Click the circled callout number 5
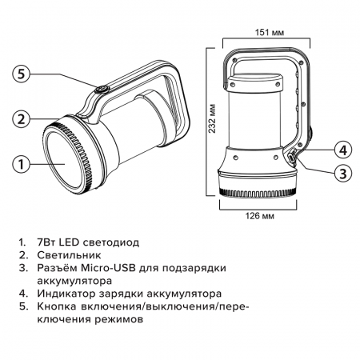[x=22, y=74]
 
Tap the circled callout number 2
[x=22, y=119]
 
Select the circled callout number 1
[x=22, y=164]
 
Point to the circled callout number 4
[x=343, y=150]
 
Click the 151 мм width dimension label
[x=270, y=33]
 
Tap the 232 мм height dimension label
[x=212, y=118]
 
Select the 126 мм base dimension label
[x=260, y=215]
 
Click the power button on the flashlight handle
[x=102, y=90]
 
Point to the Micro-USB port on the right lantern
[x=292, y=158]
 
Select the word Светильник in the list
[x=69, y=255]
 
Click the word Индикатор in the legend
[x=66, y=294]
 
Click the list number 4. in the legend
[x=23, y=294]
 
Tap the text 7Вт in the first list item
[x=46, y=242]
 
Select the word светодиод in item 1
[x=111, y=242]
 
